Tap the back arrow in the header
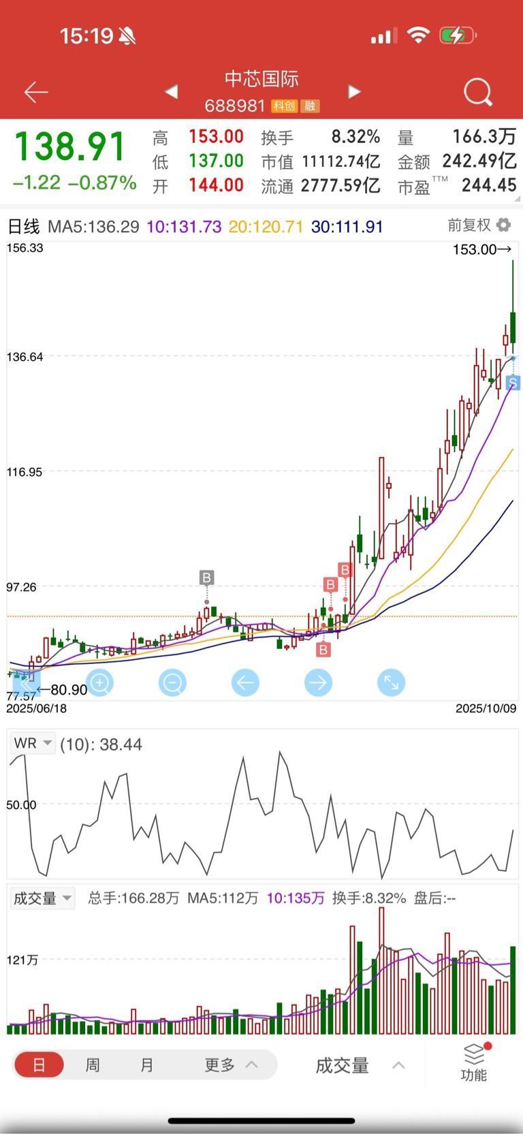(36, 92)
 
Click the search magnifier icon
(477, 92)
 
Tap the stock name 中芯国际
(261, 79)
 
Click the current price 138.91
(70, 147)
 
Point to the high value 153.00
(216, 137)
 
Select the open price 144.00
(216, 185)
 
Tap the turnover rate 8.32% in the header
(355, 137)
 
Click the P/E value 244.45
(488, 185)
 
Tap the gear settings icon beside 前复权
(503, 225)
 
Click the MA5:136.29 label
(93, 227)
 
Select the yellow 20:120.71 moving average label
(266, 227)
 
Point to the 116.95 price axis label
(25, 472)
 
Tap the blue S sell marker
(513, 383)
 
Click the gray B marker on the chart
(206, 578)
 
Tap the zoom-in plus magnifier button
(100, 682)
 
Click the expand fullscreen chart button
(391, 682)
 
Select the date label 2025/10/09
(486, 708)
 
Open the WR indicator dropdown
(32, 743)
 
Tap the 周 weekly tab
(93, 1065)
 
